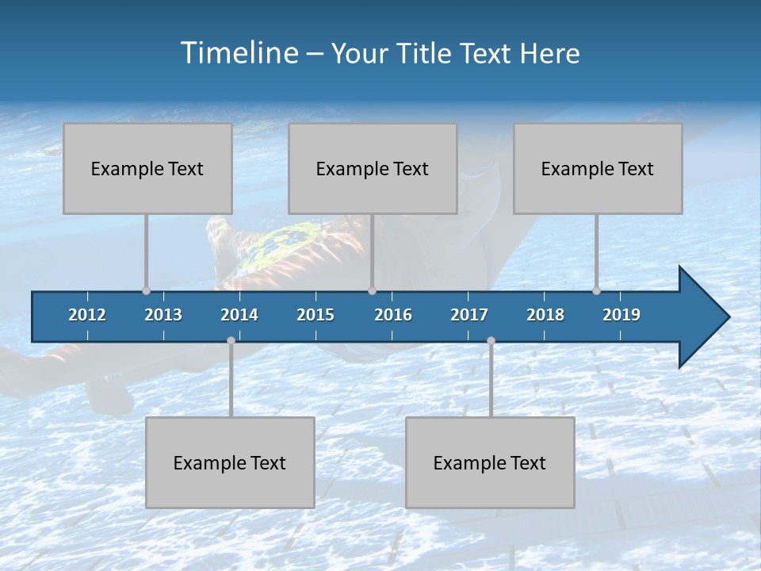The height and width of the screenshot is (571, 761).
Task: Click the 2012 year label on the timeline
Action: point(87,315)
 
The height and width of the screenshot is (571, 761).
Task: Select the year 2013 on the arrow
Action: point(163,315)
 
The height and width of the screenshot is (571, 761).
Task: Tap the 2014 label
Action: point(239,315)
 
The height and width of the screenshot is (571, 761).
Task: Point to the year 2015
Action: point(315,315)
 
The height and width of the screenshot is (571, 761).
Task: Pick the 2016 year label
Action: point(393,315)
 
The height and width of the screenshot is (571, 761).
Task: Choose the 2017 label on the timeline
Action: point(469,315)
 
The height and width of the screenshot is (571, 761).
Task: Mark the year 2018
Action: point(545,315)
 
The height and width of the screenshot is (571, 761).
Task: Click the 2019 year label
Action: point(621,315)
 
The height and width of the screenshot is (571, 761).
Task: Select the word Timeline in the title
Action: point(239,53)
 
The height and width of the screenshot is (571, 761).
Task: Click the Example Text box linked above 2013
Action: point(147,168)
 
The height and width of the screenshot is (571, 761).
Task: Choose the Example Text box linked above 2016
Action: point(373,168)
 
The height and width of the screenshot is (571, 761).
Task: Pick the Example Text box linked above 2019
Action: point(598,168)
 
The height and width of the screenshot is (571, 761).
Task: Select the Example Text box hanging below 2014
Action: point(230,462)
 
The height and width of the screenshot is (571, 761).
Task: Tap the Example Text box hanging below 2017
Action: point(490,462)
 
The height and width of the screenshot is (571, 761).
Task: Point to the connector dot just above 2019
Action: point(597,290)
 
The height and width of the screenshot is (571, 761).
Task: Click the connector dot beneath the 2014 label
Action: point(231,340)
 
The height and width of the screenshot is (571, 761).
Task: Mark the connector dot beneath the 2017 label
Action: point(491,340)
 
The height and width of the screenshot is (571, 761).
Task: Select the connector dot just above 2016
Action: point(372,290)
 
